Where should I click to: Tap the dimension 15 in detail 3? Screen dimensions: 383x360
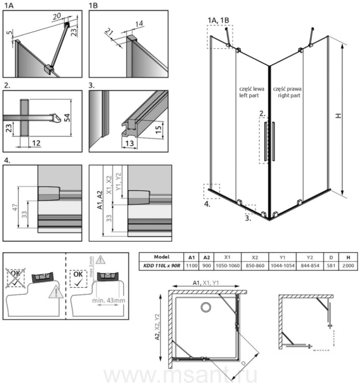[x=158, y=128]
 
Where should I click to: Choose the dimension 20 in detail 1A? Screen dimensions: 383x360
[x=57, y=16]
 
